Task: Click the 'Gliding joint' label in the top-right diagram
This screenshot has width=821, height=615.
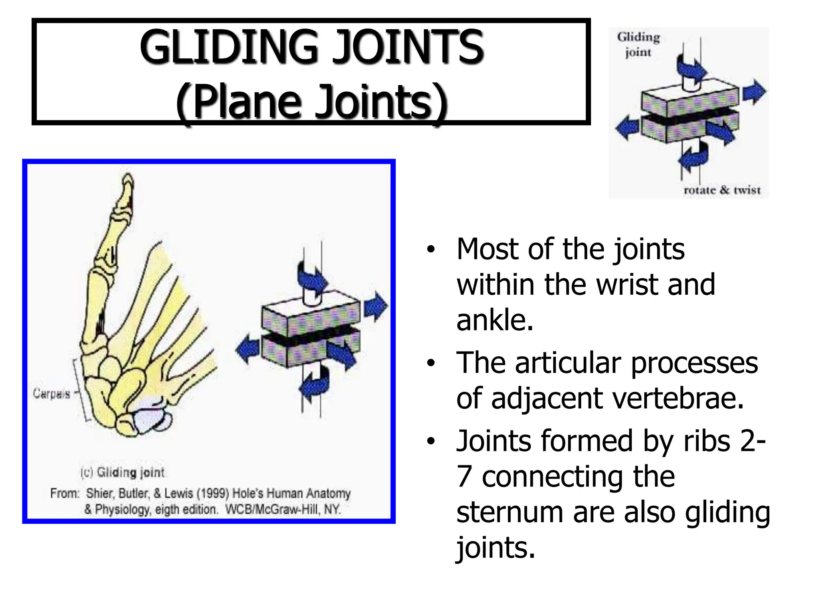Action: [638, 44]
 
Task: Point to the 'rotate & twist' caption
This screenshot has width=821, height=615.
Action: [722, 190]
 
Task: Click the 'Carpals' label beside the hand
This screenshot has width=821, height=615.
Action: [51, 394]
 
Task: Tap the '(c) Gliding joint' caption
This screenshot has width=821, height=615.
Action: [123, 472]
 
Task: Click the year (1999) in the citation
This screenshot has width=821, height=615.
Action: [213, 493]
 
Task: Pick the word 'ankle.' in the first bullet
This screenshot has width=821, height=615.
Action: [495, 320]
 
